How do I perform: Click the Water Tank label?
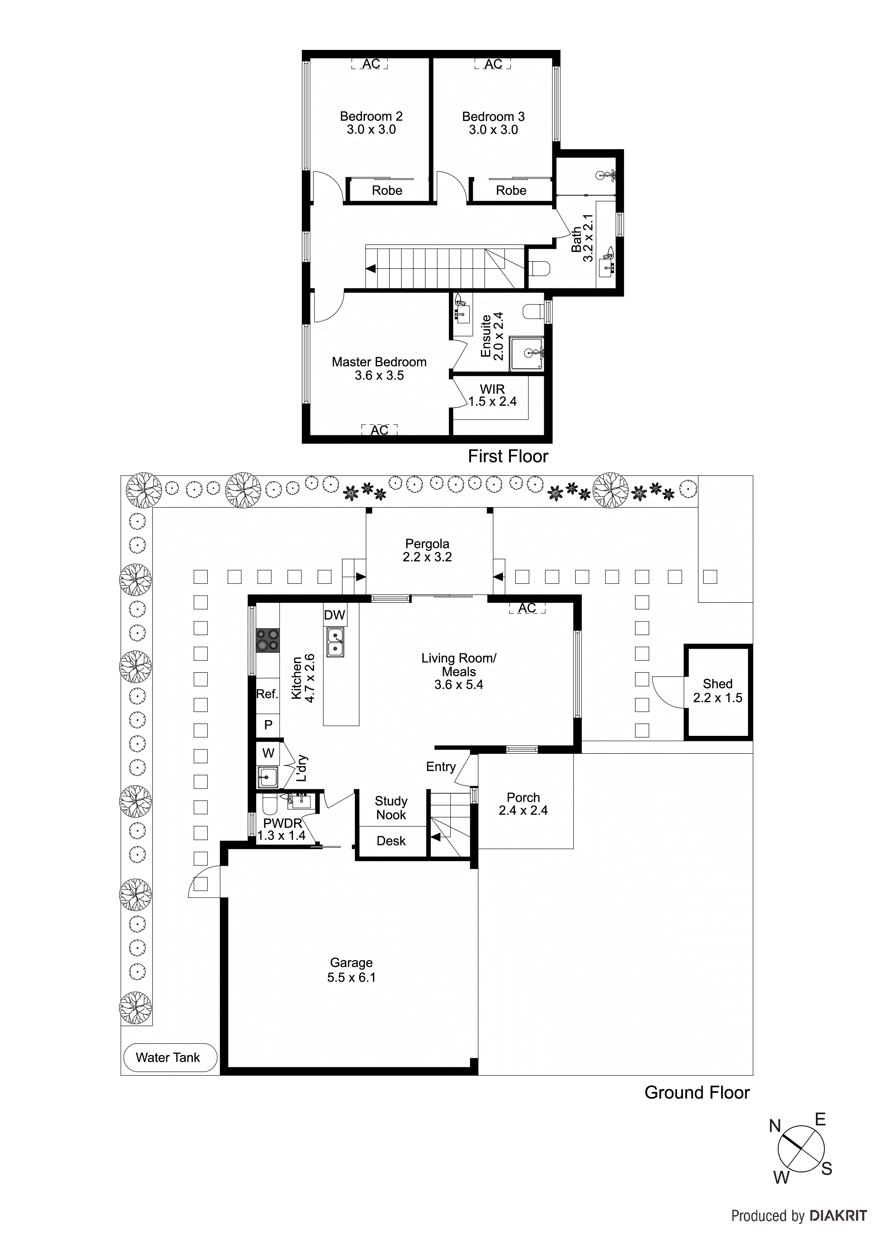pyautogui.click(x=168, y=1058)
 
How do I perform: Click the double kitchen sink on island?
pyautogui.click(x=335, y=642)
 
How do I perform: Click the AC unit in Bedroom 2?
pyautogui.click(x=370, y=64)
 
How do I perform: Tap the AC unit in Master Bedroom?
pyautogui.click(x=379, y=430)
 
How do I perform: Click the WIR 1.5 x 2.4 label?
pyautogui.click(x=492, y=396)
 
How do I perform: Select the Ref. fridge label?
pyautogui.click(x=267, y=694)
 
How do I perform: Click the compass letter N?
pyautogui.click(x=775, y=1126)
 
